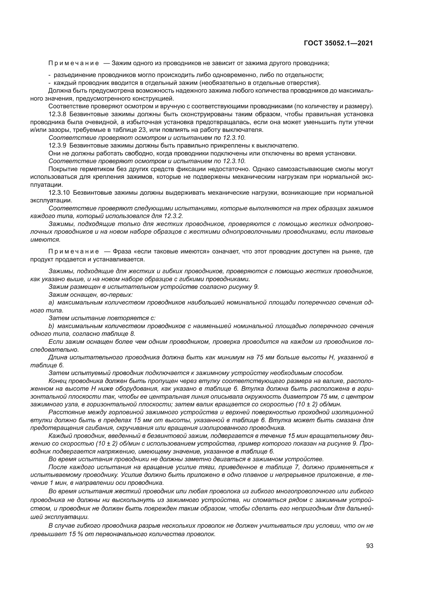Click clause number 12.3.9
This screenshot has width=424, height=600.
click(57, 145)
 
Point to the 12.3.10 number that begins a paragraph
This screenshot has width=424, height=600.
click(59, 193)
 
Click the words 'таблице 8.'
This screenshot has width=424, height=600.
click(122, 334)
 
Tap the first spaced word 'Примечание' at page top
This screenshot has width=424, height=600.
click(74, 63)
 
